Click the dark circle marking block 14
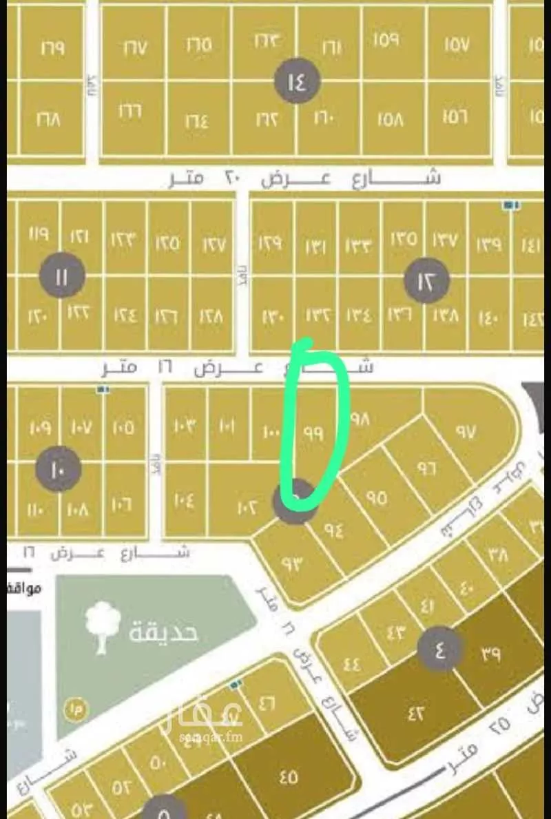298,82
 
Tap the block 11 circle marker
62,276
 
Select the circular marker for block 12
426,281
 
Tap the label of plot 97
466,432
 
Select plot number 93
292,563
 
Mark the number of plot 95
377,497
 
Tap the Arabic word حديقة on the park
163,630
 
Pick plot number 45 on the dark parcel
289,778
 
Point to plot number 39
490,654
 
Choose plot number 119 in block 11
39,234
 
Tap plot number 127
213,242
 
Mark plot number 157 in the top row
457,46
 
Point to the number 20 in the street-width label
232,178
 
